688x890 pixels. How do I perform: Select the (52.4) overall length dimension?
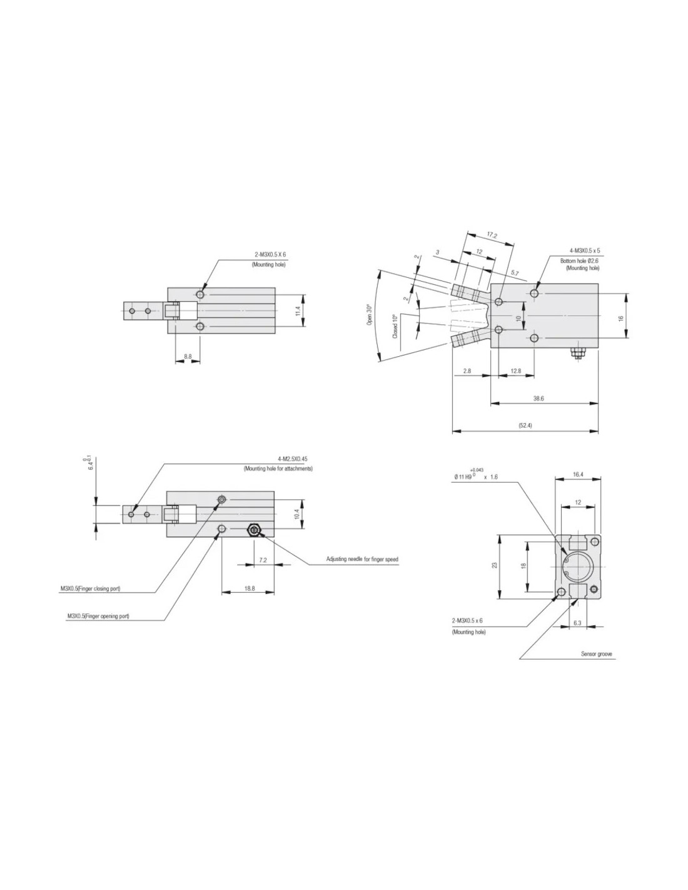point(525,426)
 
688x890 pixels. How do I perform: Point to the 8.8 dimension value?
point(188,356)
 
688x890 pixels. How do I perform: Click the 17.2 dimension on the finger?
point(492,236)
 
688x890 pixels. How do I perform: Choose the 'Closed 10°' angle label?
point(395,326)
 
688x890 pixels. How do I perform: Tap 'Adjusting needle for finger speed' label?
point(362,559)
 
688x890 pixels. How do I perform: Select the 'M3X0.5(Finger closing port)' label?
point(91,588)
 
